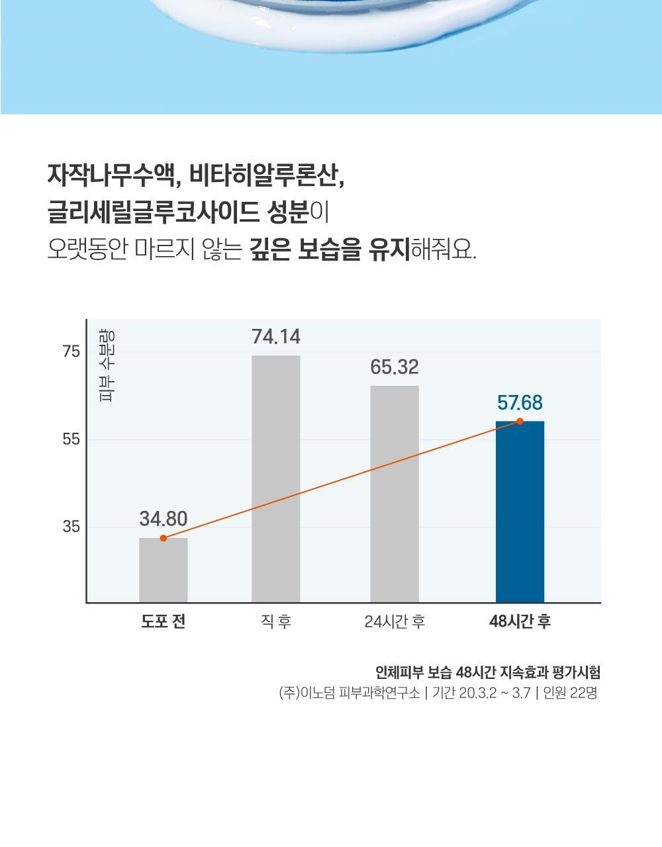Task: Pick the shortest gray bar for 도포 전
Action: (x=164, y=570)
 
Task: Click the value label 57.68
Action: (x=520, y=402)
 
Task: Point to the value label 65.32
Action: (x=395, y=367)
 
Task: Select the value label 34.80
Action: (x=164, y=519)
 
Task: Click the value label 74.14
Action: (x=275, y=337)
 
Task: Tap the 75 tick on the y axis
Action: (x=71, y=351)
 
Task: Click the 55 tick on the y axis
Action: (x=71, y=439)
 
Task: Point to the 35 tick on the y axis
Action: (x=71, y=527)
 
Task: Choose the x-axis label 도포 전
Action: (x=164, y=622)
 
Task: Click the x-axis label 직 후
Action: (x=275, y=622)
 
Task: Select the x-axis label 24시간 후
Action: (x=395, y=622)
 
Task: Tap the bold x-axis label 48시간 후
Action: (x=520, y=622)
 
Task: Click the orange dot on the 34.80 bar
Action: (x=164, y=538)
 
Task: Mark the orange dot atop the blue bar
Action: (x=520, y=422)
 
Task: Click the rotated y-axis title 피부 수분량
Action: (x=107, y=365)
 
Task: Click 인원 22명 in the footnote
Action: (x=570, y=693)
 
